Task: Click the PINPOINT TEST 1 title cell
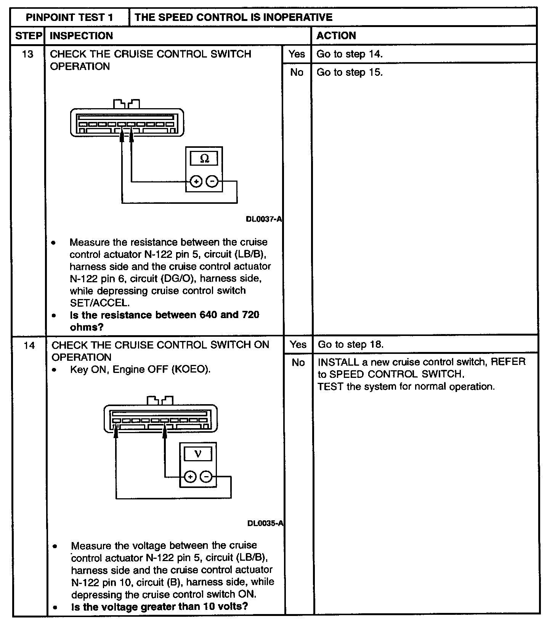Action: (69, 17)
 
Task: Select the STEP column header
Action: (28, 36)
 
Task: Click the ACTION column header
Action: (336, 36)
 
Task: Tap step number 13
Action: (27, 54)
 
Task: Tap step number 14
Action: (29, 345)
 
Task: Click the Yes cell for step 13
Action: (297, 54)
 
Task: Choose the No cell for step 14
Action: (298, 363)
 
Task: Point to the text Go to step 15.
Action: (350, 72)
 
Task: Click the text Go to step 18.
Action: (351, 345)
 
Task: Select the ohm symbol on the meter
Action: (205, 158)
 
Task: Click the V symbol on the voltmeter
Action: (197, 454)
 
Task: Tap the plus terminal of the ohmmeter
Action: (196, 182)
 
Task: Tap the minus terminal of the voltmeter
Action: (206, 477)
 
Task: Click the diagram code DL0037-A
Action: (264, 219)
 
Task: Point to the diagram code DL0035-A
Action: (265, 523)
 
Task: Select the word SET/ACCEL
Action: (99, 303)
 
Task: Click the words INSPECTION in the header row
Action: (82, 36)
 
